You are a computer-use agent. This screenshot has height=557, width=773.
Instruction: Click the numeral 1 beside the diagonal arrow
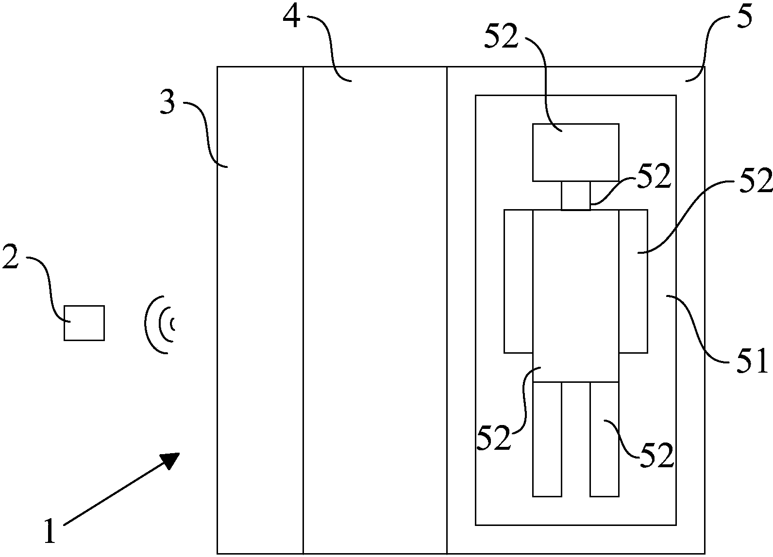click(50, 531)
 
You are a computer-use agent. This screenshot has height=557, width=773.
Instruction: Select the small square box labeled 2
click(84, 323)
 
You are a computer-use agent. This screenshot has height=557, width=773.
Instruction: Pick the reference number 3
click(168, 104)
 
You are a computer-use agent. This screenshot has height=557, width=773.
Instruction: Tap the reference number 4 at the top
click(292, 19)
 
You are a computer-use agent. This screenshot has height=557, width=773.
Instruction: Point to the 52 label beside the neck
click(654, 177)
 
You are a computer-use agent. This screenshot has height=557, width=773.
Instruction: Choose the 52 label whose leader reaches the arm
click(756, 181)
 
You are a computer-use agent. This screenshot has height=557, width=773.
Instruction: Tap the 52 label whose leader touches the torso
click(494, 438)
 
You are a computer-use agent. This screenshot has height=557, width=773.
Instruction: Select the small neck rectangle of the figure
click(576, 196)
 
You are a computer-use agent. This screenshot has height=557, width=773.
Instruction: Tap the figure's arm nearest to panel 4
click(519, 281)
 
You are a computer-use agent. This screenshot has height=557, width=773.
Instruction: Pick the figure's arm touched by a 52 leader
click(633, 281)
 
